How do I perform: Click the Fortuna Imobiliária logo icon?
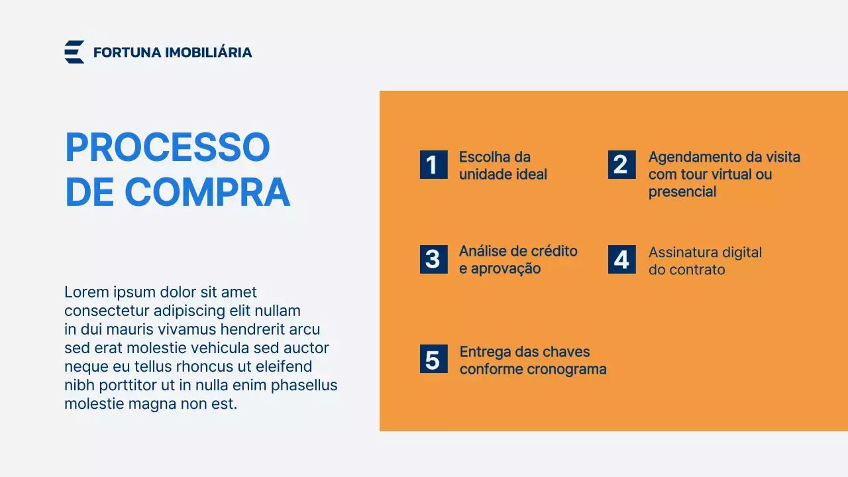(74, 52)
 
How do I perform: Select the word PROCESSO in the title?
(168, 147)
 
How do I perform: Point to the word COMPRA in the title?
(207, 192)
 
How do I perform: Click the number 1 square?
(433, 164)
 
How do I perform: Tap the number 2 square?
(621, 164)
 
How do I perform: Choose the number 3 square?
(433, 259)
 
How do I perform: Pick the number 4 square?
(621, 259)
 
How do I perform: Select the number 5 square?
(433, 359)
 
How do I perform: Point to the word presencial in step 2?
(682, 192)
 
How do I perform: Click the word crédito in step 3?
(555, 251)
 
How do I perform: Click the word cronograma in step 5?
(570, 369)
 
